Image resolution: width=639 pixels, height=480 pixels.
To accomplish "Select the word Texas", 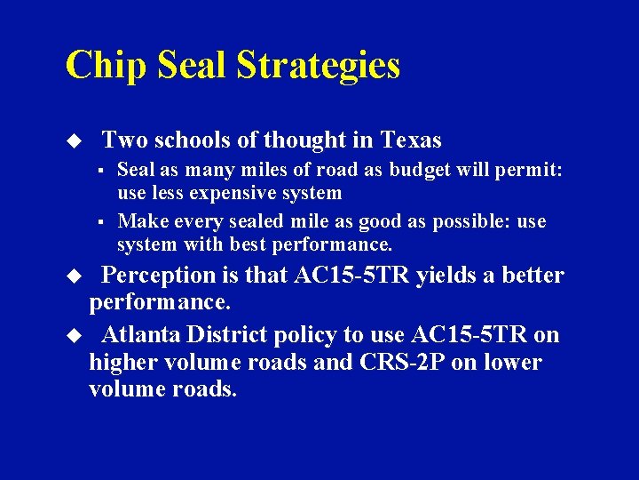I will point(411,140).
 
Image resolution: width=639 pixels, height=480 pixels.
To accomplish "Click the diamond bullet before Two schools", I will point(75,140).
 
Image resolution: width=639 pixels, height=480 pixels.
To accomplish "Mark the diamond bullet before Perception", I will point(75,276).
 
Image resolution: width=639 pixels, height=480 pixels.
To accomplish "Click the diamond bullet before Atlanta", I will point(75,335).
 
